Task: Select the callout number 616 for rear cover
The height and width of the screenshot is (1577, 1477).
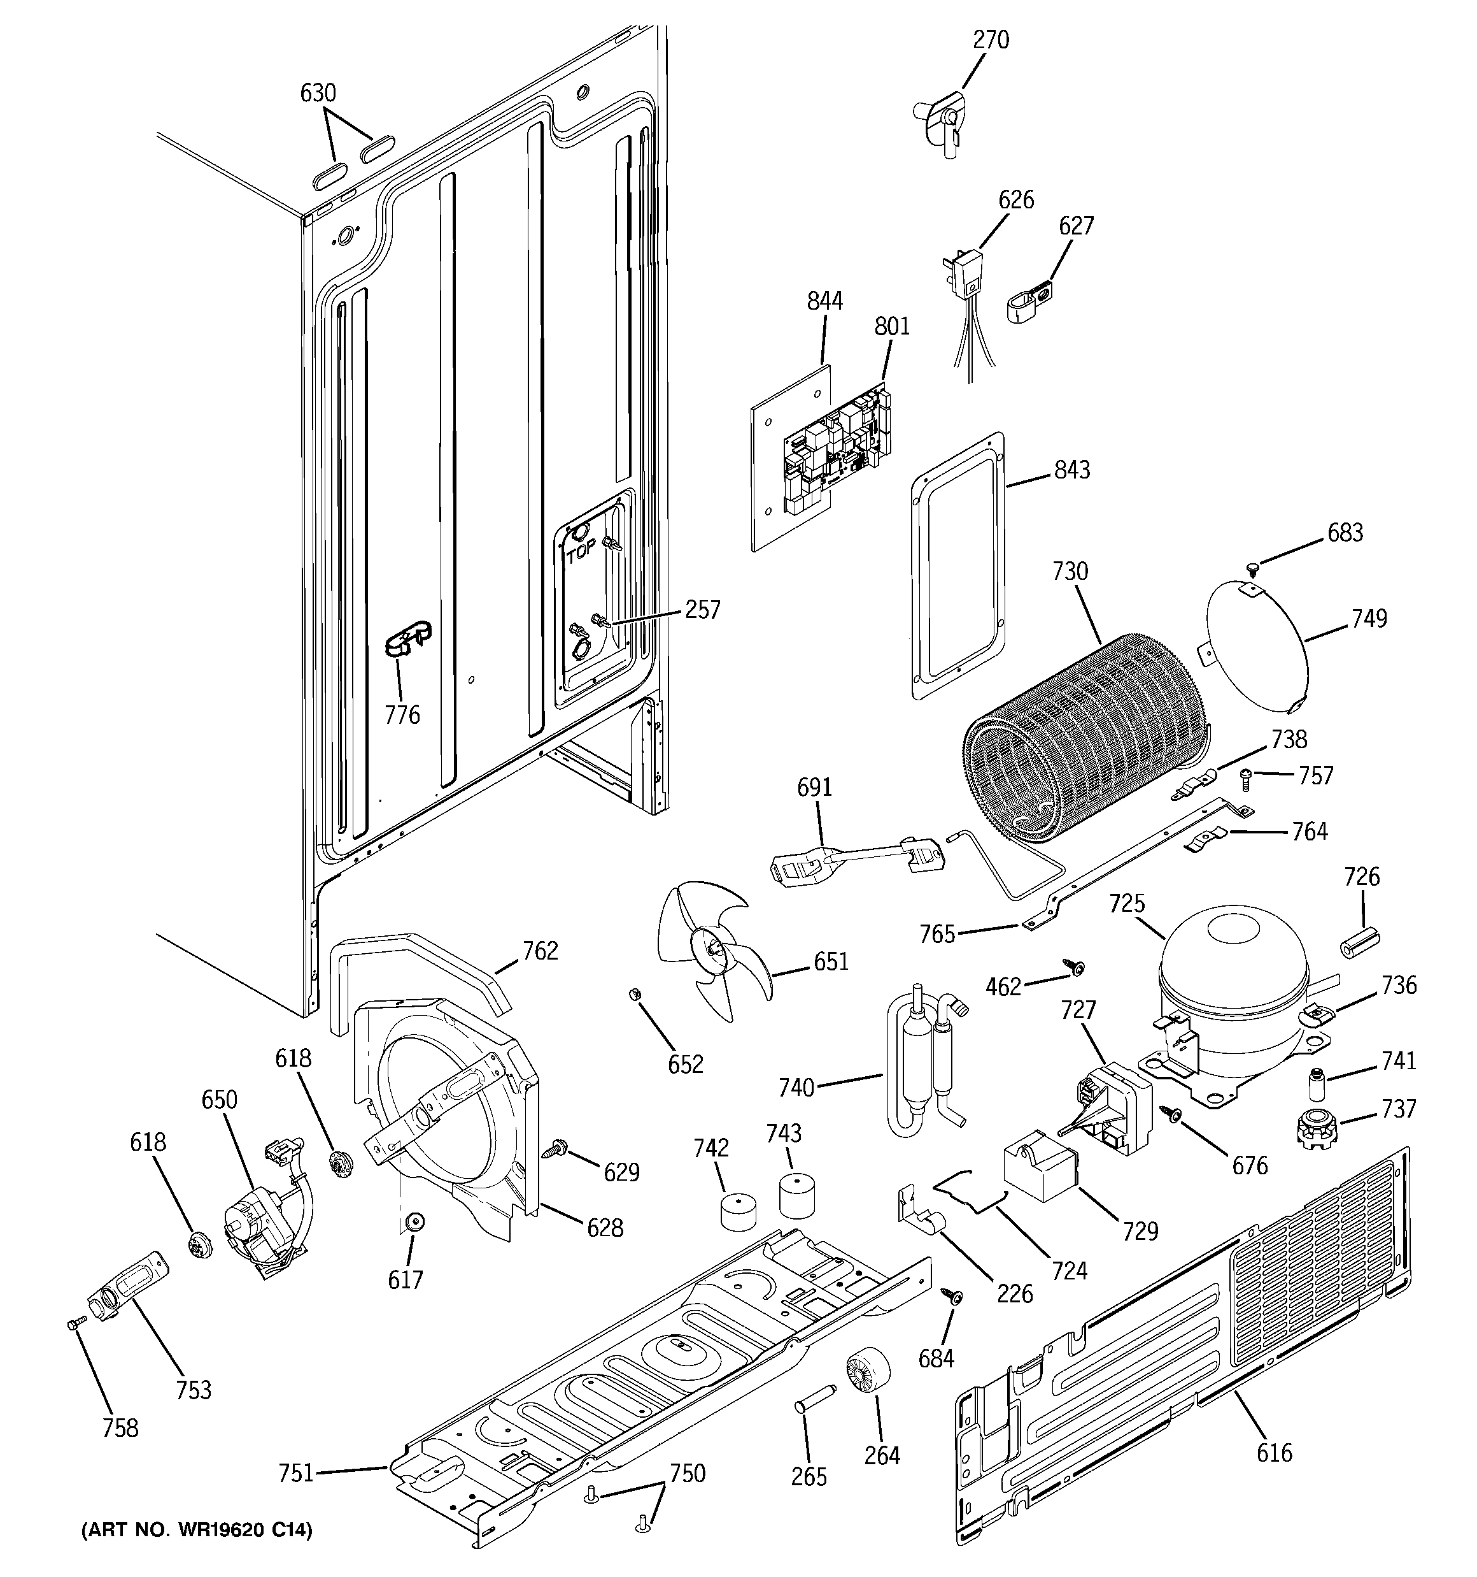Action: (1274, 1453)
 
